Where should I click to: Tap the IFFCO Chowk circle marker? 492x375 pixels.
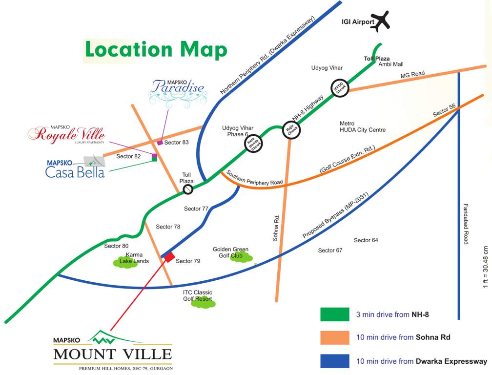click(x=340, y=88)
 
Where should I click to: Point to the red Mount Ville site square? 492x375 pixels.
click(x=169, y=257)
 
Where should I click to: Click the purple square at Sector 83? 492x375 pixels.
click(x=160, y=143)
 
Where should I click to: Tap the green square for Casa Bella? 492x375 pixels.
click(x=154, y=162)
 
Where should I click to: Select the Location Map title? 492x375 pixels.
click(x=156, y=50)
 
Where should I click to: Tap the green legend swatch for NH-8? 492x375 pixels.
click(x=335, y=314)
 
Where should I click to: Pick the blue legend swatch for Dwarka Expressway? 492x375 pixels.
click(x=335, y=361)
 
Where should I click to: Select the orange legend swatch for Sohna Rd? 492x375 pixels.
click(x=335, y=337)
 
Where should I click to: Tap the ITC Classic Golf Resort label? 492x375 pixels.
click(x=197, y=295)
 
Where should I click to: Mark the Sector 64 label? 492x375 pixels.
click(x=366, y=240)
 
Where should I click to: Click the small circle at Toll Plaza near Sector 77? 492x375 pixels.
click(x=187, y=189)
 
